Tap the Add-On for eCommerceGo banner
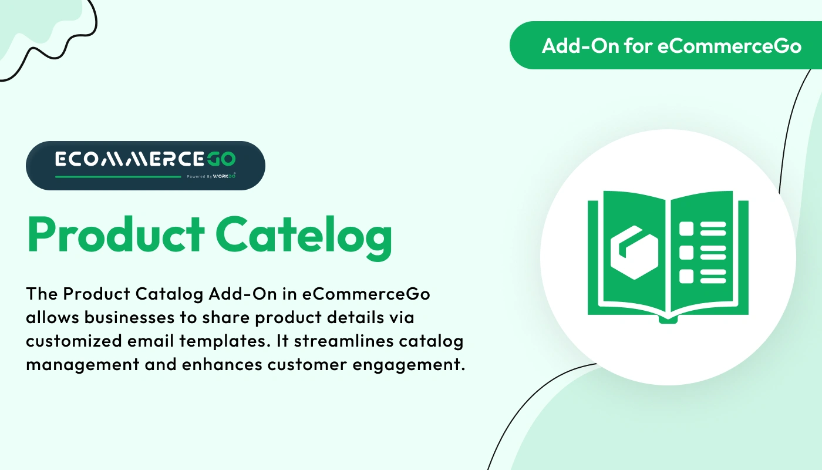click(x=665, y=45)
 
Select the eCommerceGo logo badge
click(x=146, y=165)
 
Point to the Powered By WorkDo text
click(x=211, y=176)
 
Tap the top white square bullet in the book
click(x=686, y=229)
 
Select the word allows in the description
click(x=50, y=318)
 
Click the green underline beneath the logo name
click(x=118, y=176)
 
